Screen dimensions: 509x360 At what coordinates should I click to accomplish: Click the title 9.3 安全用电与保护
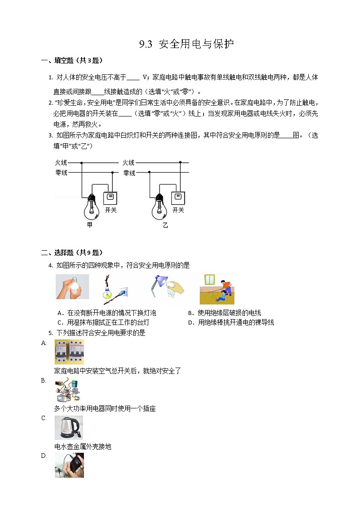[186, 44]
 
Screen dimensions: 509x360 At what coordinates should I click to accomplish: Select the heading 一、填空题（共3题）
[72, 60]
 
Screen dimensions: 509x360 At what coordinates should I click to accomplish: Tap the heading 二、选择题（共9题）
[72, 252]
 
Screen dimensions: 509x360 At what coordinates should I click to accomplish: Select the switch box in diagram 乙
[178, 198]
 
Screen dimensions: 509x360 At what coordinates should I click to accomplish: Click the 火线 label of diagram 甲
[61, 162]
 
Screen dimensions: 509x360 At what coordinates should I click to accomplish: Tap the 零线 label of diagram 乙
[129, 173]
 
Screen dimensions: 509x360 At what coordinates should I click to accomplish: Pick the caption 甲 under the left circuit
[89, 225]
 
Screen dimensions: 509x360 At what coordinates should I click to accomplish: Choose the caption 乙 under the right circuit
[165, 225]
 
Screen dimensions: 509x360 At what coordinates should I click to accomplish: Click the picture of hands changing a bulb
[72, 286]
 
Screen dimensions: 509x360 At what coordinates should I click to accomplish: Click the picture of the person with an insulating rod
[217, 289]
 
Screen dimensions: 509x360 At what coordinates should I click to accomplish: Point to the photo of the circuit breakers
[69, 352]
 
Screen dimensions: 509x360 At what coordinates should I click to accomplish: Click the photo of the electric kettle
[68, 427]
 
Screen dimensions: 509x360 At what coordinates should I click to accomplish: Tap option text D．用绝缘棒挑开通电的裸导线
[231, 322]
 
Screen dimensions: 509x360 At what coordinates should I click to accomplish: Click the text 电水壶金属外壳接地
[83, 446]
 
